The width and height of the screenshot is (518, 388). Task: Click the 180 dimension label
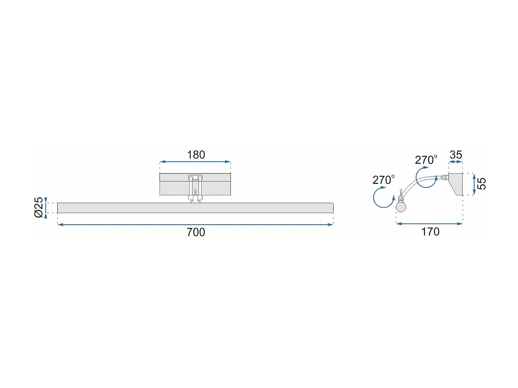click(x=196, y=155)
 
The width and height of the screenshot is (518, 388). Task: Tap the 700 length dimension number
click(x=196, y=232)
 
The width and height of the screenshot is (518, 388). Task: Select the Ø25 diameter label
click(x=39, y=207)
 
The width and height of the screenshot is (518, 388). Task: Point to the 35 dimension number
click(x=456, y=155)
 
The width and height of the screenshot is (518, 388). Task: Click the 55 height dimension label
click(x=481, y=184)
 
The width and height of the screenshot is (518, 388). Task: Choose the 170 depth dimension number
click(x=430, y=232)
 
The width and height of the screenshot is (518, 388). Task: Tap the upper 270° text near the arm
click(x=426, y=160)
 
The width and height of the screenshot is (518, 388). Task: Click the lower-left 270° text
click(x=383, y=180)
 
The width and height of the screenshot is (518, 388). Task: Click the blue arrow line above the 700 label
click(x=195, y=225)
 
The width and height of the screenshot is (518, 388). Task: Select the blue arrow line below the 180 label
click(x=195, y=162)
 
